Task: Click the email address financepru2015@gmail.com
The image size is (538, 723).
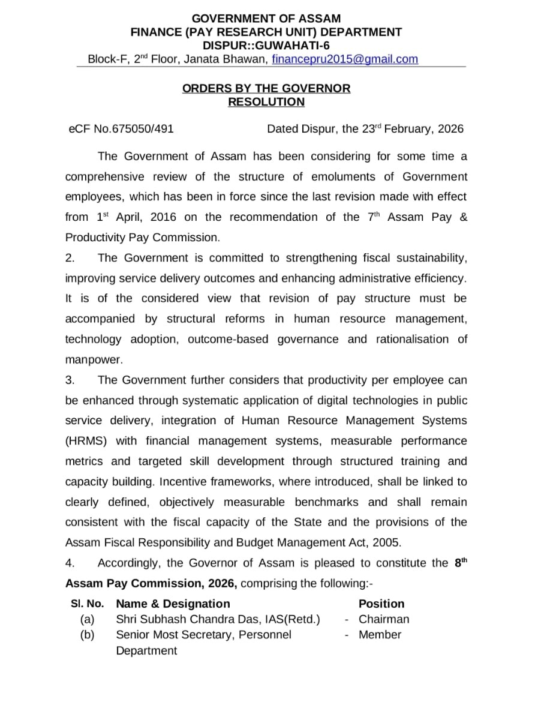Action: [345, 59]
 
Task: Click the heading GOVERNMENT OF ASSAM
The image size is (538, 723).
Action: [266, 19]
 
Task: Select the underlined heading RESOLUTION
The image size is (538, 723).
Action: [266, 102]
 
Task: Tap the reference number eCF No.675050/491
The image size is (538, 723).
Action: [122, 129]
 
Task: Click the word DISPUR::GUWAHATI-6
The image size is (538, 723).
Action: [266, 45]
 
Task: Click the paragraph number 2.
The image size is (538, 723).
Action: [70, 258]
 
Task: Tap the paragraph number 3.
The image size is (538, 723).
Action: [70, 380]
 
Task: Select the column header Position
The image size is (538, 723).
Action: [381, 604]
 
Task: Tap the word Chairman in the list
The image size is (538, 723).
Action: [384, 619]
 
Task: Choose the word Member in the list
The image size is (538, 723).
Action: [380, 635]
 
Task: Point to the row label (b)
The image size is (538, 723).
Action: [88, 635]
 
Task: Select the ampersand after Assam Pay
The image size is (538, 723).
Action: [462, 217]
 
